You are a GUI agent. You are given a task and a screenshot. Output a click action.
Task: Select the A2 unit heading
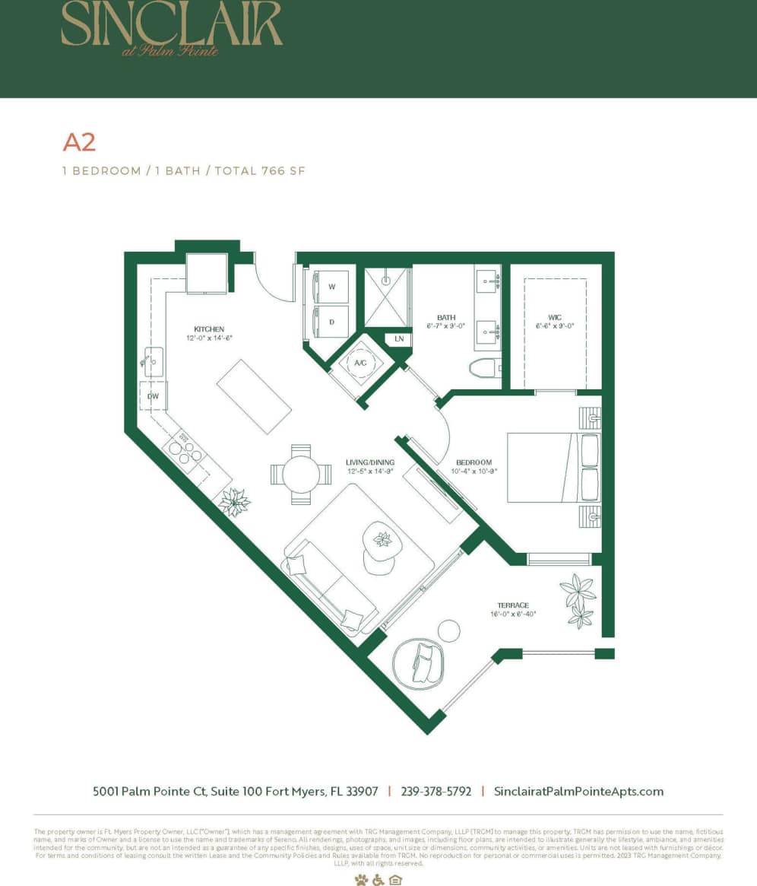coord(78,142)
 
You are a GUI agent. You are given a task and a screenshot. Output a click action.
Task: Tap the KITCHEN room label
coord(208,329)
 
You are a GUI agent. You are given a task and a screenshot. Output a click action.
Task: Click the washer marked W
coord(331,287)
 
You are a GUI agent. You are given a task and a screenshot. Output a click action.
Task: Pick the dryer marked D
coord(331,322)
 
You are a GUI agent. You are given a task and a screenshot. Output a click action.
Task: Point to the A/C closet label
coord(360,363)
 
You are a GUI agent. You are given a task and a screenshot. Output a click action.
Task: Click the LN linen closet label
coord(399,338)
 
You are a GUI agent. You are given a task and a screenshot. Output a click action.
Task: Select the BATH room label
coord(445,317)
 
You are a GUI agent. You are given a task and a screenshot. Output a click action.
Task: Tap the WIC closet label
coord(554,317)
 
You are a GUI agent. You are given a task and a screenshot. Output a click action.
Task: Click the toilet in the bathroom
coord(484,368)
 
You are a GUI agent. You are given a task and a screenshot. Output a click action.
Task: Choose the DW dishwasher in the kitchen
coord(153,395)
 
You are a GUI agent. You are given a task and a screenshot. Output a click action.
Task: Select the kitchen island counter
coord(255,396)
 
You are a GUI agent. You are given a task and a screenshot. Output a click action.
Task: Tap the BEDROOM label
coord(474,462)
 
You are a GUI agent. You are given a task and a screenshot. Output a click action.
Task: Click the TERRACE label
coord(514,605)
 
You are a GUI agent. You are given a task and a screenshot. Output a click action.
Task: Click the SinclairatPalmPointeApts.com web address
coord(578,791)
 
